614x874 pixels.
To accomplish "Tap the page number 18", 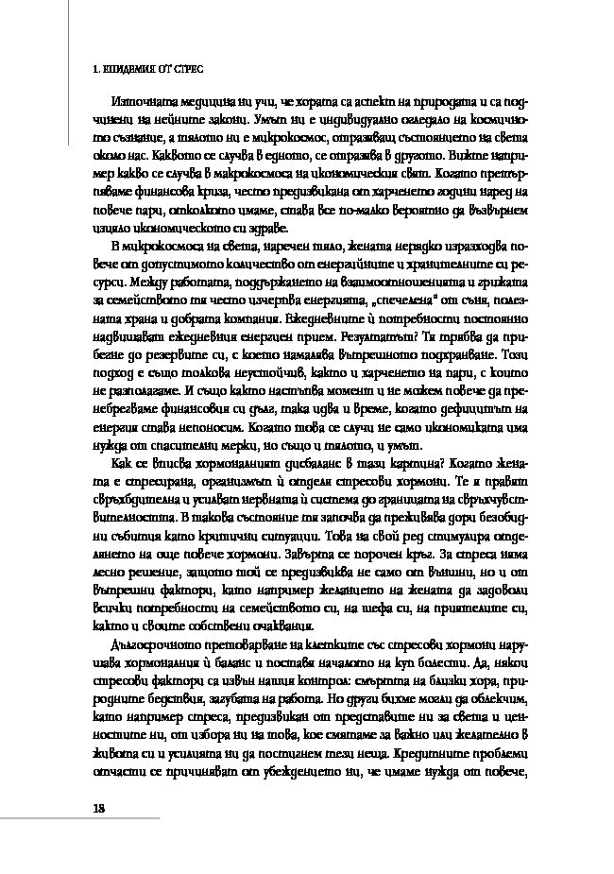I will (x=97, y=806).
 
